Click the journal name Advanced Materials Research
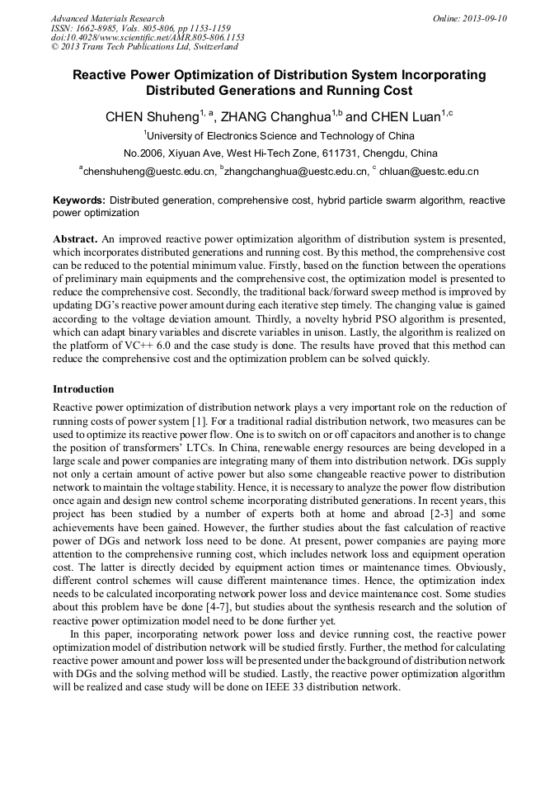[107, 18]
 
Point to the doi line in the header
[147, 37]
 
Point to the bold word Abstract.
[75, 238]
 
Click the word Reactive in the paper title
[101, 75]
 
